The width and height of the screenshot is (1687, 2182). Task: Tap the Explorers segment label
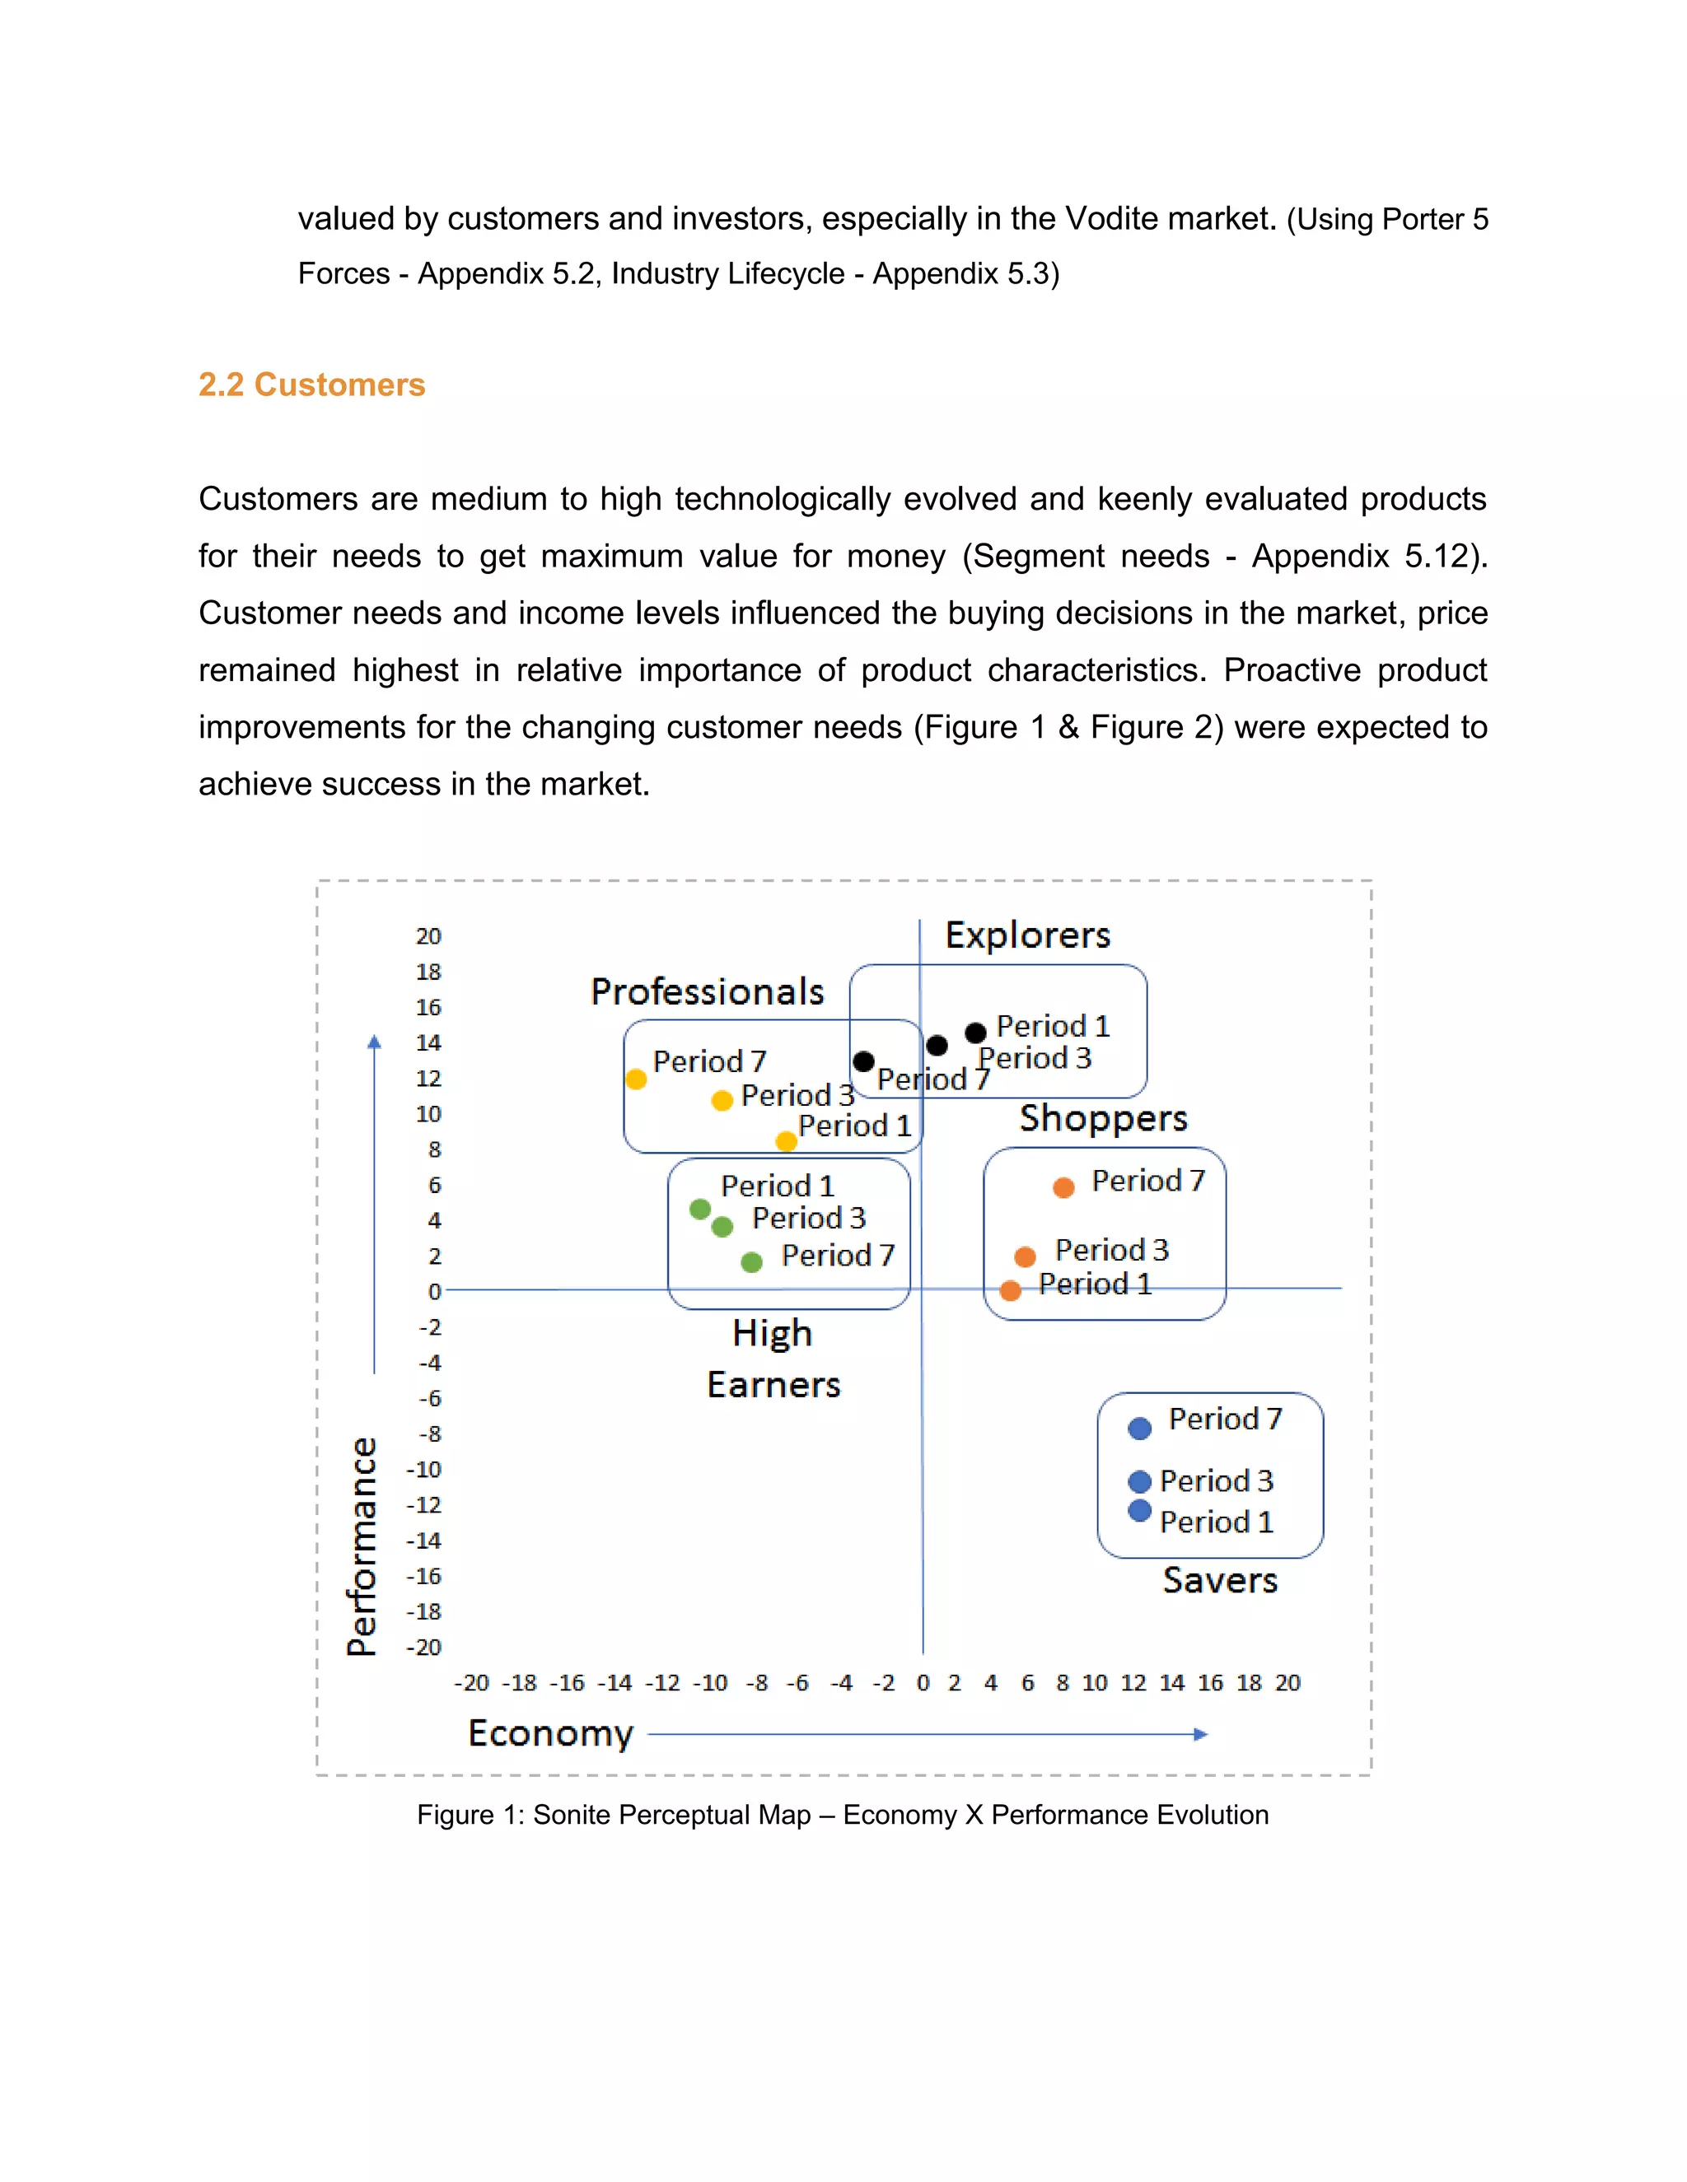(x=1027, y=935)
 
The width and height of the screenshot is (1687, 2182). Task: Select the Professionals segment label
(x=707, y=992)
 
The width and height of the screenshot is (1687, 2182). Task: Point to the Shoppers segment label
(x=1102, y=1118)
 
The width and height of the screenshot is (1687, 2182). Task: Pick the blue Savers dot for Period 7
(x=1139, y=1429)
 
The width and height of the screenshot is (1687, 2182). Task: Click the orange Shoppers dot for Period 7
(x=1063, y=1187)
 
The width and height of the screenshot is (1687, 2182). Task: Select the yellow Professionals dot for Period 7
(x=636, y=1079)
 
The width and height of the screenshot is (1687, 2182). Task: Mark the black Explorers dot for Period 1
(x=975, y=1032)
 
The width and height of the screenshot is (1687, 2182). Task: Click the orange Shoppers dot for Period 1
(x=1011, y=1291)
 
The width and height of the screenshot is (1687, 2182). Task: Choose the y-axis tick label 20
(x=428, y=936)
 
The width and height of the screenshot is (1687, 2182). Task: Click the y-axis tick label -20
(x=423, y=1648)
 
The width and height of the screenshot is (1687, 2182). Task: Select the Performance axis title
(x=362, y=1546)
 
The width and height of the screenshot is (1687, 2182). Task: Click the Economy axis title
(x=551, y=1733)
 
